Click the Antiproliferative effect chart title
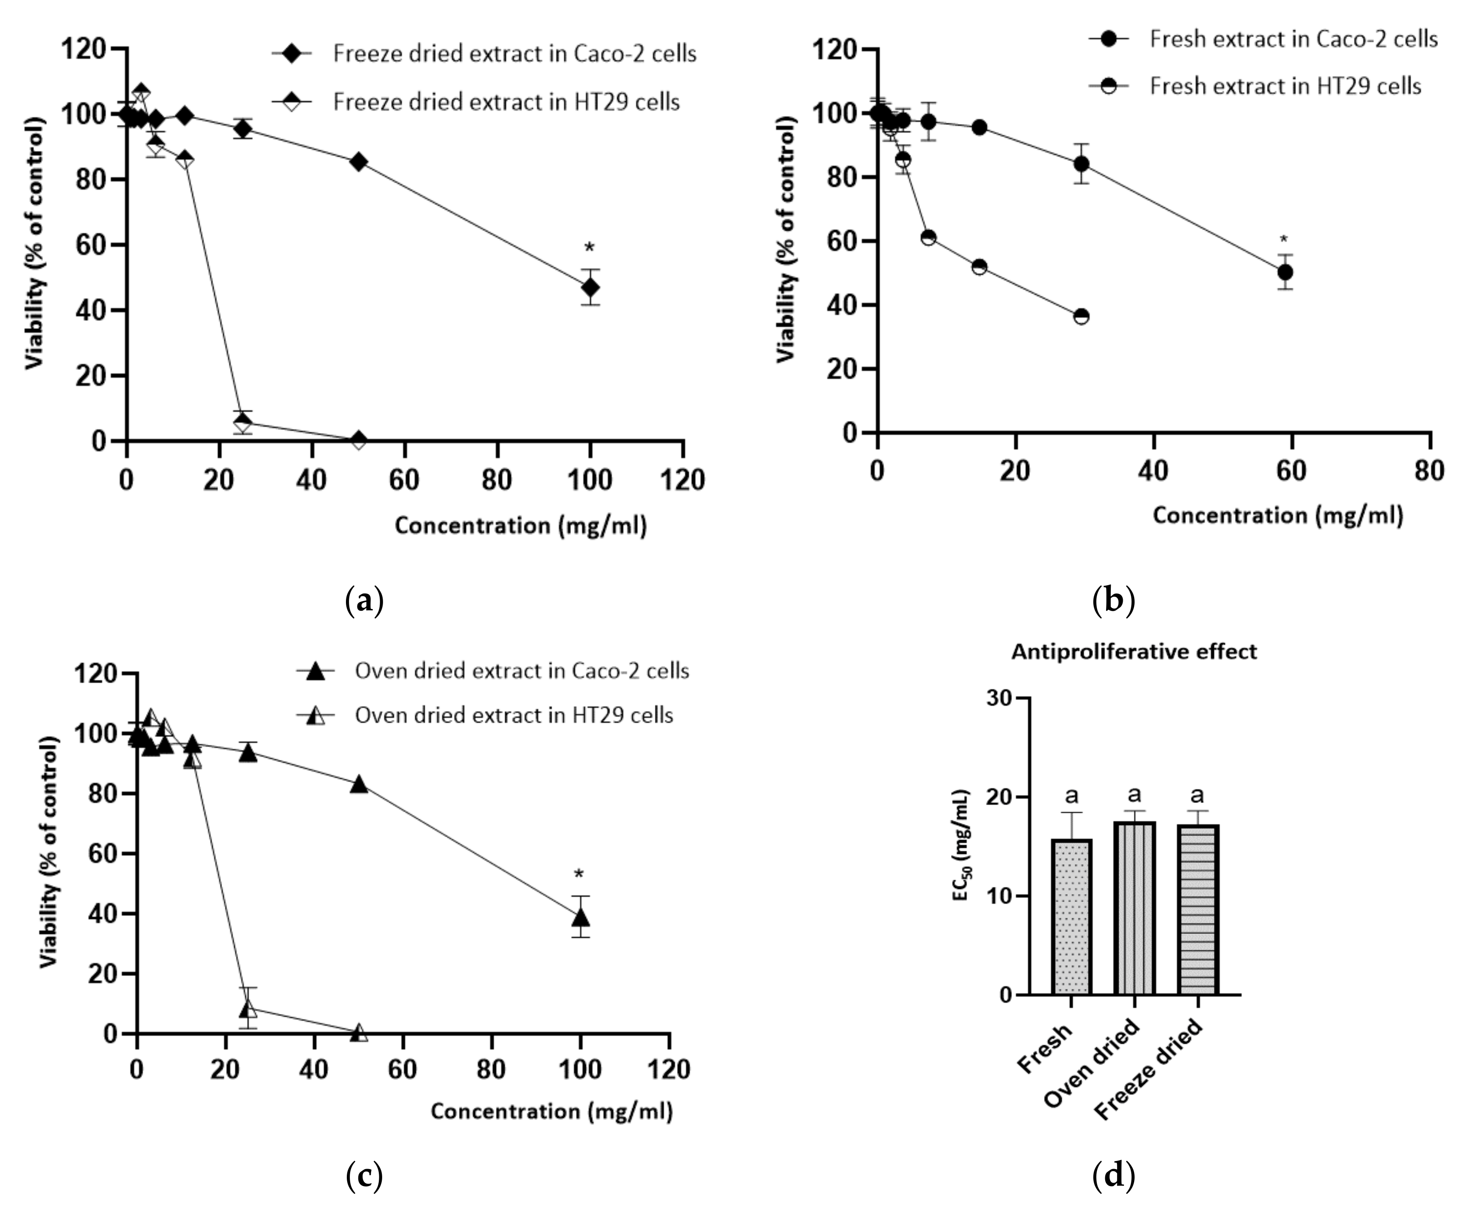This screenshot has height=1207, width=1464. [1134, 652]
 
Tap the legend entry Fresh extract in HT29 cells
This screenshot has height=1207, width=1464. [1285, 86]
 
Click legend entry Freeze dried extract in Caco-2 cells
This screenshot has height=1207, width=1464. [514, 54]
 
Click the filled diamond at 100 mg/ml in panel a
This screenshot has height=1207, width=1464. [590, 287]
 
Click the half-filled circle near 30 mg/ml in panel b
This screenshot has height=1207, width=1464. [1081, 316]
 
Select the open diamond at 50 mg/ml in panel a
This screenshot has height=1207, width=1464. [359, 440]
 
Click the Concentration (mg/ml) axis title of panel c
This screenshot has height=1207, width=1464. [552, 1111]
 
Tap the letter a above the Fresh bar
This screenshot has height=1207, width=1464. [1072, 795]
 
